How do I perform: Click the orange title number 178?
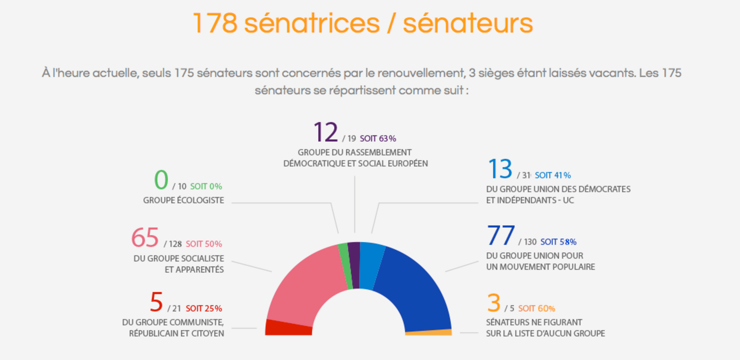(x=215, y=24)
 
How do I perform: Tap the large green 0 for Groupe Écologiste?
(x=161, y=180)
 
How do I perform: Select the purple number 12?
(x=326, y=132)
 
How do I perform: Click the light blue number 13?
(x=500, y=169)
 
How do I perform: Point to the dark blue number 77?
(x=501, y=235)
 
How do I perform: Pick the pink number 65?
(x=145, y=238)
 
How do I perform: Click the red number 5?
(x=156, y=302)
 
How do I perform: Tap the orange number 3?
(x=493, y=303)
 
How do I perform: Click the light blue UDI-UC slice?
(x=370, y=266)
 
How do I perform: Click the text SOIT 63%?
(x=378, y=139)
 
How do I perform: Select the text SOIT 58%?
(x=558, y=242)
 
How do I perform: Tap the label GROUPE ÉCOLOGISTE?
(x=183, y=201)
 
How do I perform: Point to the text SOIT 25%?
(x=204, y=309)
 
